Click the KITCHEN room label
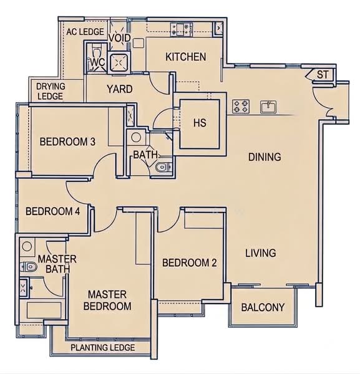coord(186,57)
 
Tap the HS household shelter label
coord(200,123)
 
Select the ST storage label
coord(323,75)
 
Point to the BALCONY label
coord(263,307)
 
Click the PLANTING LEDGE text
coord(103,348)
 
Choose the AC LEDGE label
coord(85,32)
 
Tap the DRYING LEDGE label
coord(51,92)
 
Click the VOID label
coord(120,38)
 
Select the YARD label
coord(120,89)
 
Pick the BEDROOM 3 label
coord(67,141)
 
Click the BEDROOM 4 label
coord(53,211)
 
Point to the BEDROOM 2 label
coord(190,262)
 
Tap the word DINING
coord(265,157)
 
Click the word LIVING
coord(261,253)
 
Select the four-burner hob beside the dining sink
coord(241,107)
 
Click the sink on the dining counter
coord(268,107)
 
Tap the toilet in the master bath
coord(29,267)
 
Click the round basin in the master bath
coord(27,246)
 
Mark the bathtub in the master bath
coord(42,310)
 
